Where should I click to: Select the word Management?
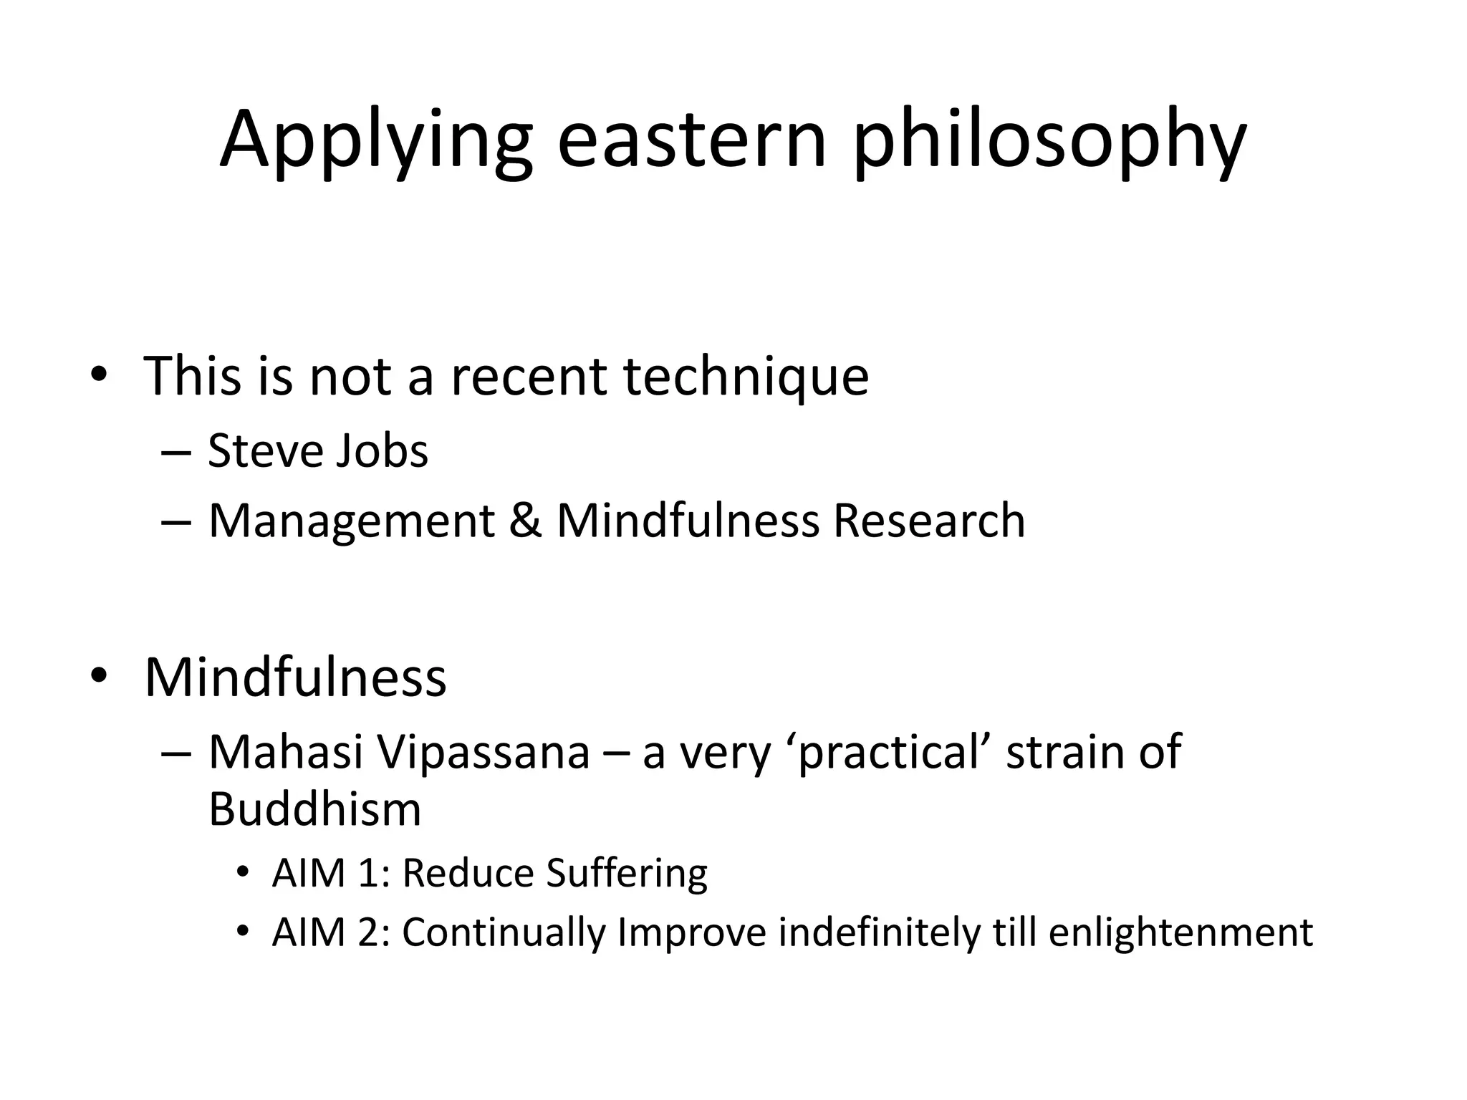(x=351, y=521)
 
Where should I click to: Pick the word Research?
(x=928, y=521)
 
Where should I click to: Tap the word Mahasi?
(x=286, y=752)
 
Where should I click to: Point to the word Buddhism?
(x=314, y=809)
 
